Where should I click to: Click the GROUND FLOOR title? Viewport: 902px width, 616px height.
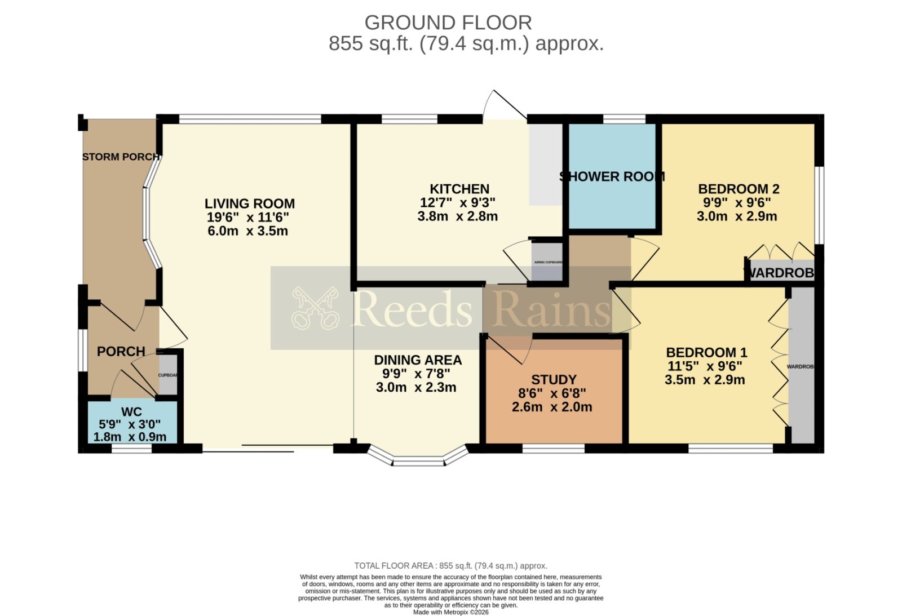(x=448, y=23)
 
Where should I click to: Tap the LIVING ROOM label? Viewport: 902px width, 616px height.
(x=249, y=203)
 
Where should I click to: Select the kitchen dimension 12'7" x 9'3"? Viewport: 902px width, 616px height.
(x=457, y=202)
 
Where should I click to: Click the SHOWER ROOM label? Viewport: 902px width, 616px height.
(x=612, y=176)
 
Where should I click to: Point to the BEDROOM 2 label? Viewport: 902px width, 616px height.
(x=738, y=189)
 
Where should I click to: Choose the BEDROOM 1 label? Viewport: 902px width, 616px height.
(x=706, y=352)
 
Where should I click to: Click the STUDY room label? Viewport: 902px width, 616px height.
(x=554, y=380)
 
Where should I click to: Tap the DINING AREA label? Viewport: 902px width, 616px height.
(x=418, y=360)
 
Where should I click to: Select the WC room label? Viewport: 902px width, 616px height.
(x=131, y=411)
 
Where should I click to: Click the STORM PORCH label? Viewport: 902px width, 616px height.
(x=121, y=157)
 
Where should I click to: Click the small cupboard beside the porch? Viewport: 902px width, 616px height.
(x=168, y=375)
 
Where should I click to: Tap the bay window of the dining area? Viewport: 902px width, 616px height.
(x=418, y=458)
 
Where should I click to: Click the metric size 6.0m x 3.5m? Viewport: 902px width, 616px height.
(x=247, y=231)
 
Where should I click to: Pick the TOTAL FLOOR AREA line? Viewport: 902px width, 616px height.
(x=450, y=566)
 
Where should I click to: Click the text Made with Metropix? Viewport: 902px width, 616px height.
(x=450, y=612)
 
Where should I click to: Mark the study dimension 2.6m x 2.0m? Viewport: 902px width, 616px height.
(x=552, y=407)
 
